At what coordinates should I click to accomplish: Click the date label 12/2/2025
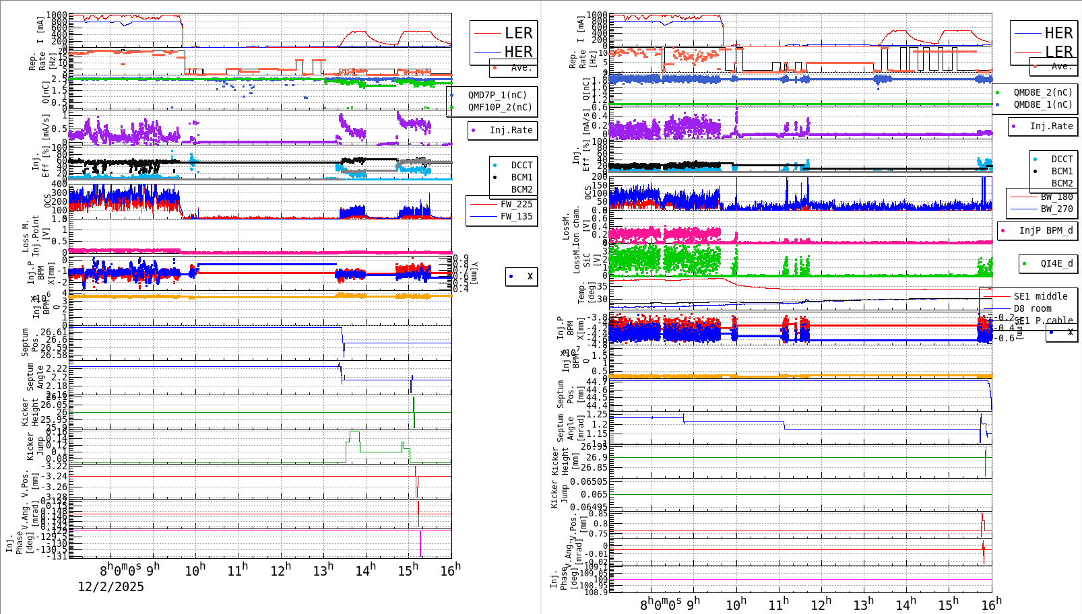click(x=110, y=586)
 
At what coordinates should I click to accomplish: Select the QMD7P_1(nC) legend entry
click(x=497, y=95)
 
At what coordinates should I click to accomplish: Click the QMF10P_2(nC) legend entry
click(x=500, y=107)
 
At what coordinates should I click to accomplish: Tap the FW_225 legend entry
click(x=516, y=204)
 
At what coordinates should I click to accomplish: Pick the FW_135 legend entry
click(x=516, y=216)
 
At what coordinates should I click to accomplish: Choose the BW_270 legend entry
click(x=1056, y=209)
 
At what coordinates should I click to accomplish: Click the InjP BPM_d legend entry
click(x=1046, y=230)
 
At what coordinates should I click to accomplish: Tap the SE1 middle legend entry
click(x=1040, y=296)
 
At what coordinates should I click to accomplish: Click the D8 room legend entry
click(x=1032, y=308)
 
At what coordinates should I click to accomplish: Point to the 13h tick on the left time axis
click(x=323, y=570)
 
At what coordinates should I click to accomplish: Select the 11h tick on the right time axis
click(x=778, y=604)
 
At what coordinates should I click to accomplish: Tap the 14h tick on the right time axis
click(x=905, y=604)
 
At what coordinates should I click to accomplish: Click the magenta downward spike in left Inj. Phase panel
click(x=420, y=544)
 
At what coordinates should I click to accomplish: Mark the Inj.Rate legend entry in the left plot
click(x=511, y=130)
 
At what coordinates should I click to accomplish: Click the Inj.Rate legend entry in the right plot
click(x=1051, y=126)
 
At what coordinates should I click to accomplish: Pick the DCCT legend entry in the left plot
click(x=521, y=165)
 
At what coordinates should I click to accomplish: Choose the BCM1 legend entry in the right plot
click(x=1062, y=172)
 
